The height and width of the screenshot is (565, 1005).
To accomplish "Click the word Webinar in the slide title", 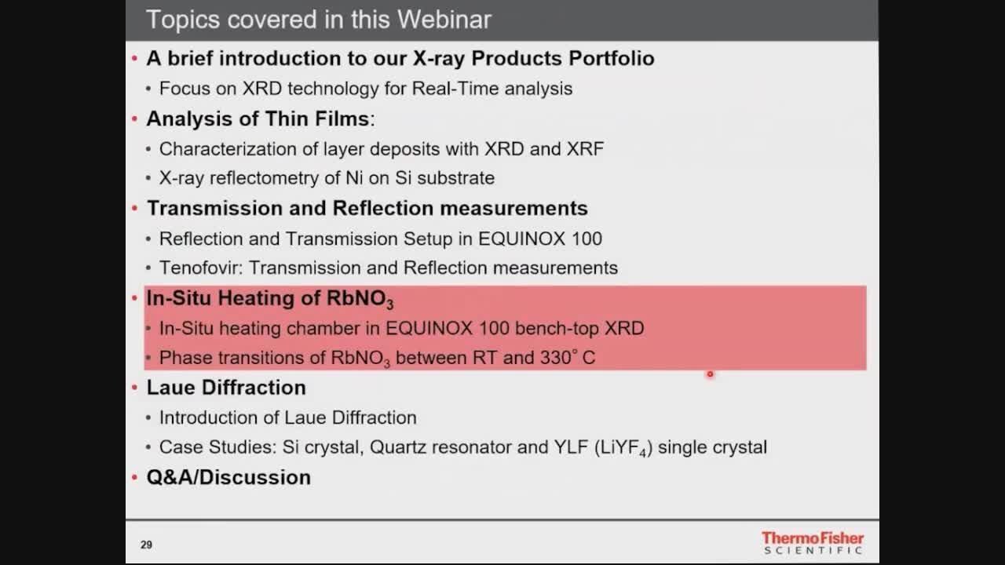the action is coord(444,20).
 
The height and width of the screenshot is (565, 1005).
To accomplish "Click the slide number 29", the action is coord(146,545).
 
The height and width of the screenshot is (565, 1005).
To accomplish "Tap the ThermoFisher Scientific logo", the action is coord(813,542).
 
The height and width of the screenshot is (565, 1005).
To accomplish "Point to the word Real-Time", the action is coord(455,89).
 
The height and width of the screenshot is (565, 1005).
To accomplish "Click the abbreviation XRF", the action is coord(585,149).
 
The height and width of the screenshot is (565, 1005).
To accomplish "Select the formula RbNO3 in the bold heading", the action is coord(360,299).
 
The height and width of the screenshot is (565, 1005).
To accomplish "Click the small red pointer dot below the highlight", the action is coord(710,374).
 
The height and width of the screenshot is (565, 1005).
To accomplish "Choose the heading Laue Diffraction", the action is coord(226,388).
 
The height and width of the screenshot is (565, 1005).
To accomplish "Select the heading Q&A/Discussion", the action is coord(228,477).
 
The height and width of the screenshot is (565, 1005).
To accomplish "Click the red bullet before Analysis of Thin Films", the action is coord(134,118).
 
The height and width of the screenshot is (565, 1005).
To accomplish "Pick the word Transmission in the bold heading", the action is coord(214,209).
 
